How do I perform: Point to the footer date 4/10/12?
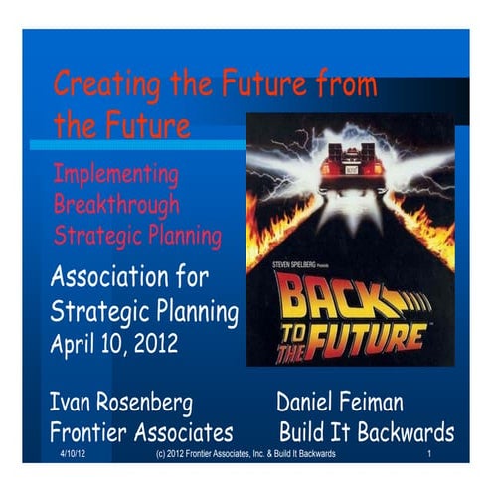[x=71, y=454]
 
